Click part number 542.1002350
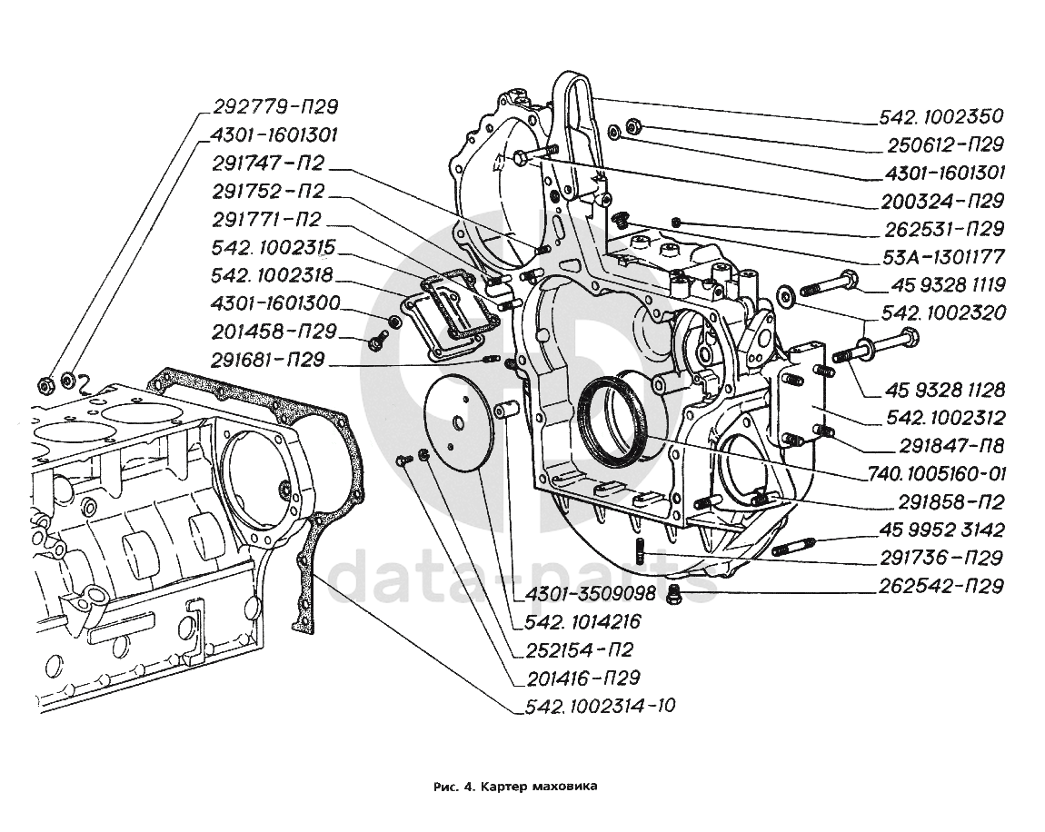coord(940,116)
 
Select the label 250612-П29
coord(946,144)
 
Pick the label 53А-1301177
coord(946,257)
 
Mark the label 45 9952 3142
coord(941,530)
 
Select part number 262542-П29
coord(940,586)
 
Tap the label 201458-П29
coord(274,332)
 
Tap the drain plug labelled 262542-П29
coord(673,594)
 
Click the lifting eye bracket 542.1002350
coord(572,136)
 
